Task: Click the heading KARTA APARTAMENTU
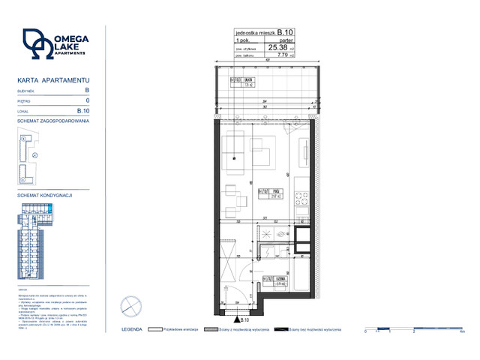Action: click(x=43, y=79)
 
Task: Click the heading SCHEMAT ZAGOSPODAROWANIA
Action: click(x=52, y=120)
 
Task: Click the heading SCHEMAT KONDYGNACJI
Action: click(x=44, y=195)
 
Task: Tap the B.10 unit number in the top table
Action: click(x=286, y=33)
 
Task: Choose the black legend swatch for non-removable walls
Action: click(x=281, y=328)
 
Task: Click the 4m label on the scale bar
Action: click(x=462, y=331)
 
